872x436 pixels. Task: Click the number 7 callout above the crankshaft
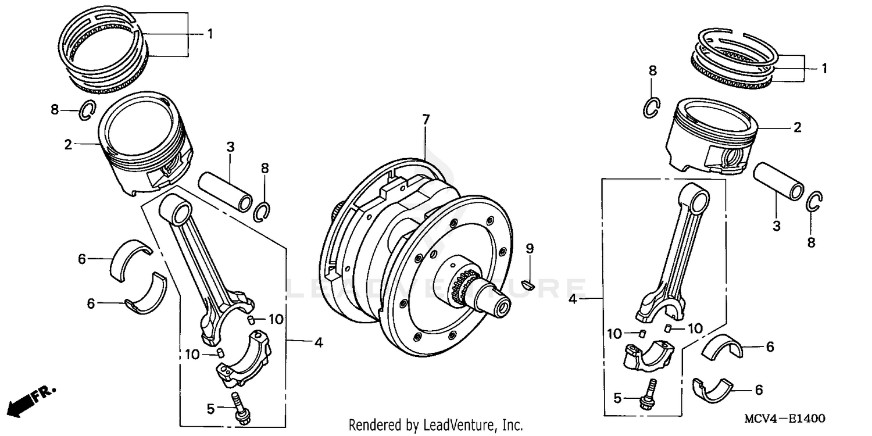coord(426,120)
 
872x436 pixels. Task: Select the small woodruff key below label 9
coord(528,284)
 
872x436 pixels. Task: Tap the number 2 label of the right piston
coord(797,127)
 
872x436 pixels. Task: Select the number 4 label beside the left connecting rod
coord(318,343)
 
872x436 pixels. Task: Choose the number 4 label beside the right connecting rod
coord(573,299)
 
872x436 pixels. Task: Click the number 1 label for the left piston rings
coord(209,34)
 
